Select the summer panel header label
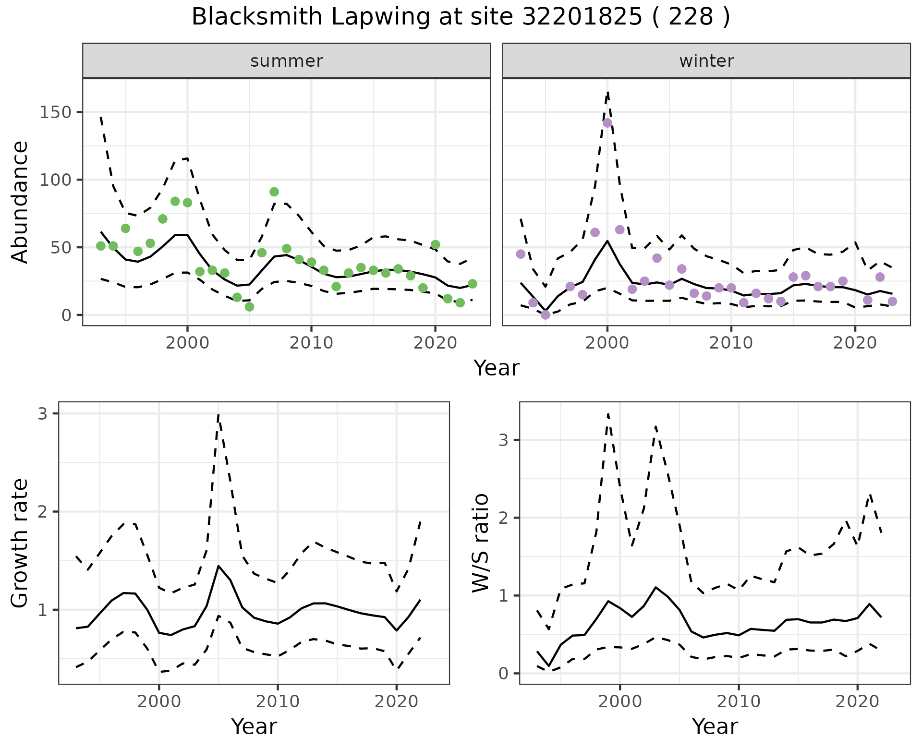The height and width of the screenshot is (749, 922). (287, 61)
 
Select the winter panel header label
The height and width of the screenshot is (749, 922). (706, 61)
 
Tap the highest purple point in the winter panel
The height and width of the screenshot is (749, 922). (607, 123)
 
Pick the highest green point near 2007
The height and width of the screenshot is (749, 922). (274, 192)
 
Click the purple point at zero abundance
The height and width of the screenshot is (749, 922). (546, 315)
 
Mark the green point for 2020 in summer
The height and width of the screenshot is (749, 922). (435, 245)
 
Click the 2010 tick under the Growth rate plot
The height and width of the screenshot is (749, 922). (278, 701)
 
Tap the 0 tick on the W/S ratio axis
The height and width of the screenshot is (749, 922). (503, 674)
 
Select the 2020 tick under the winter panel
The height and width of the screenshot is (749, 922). (855, 343)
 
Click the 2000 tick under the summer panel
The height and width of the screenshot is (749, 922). (187, 343)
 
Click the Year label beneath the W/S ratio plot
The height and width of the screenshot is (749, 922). (715, 727)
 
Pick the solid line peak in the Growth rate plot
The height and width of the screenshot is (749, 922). (218, 566)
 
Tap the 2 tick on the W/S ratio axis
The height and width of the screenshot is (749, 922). (503, 518)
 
